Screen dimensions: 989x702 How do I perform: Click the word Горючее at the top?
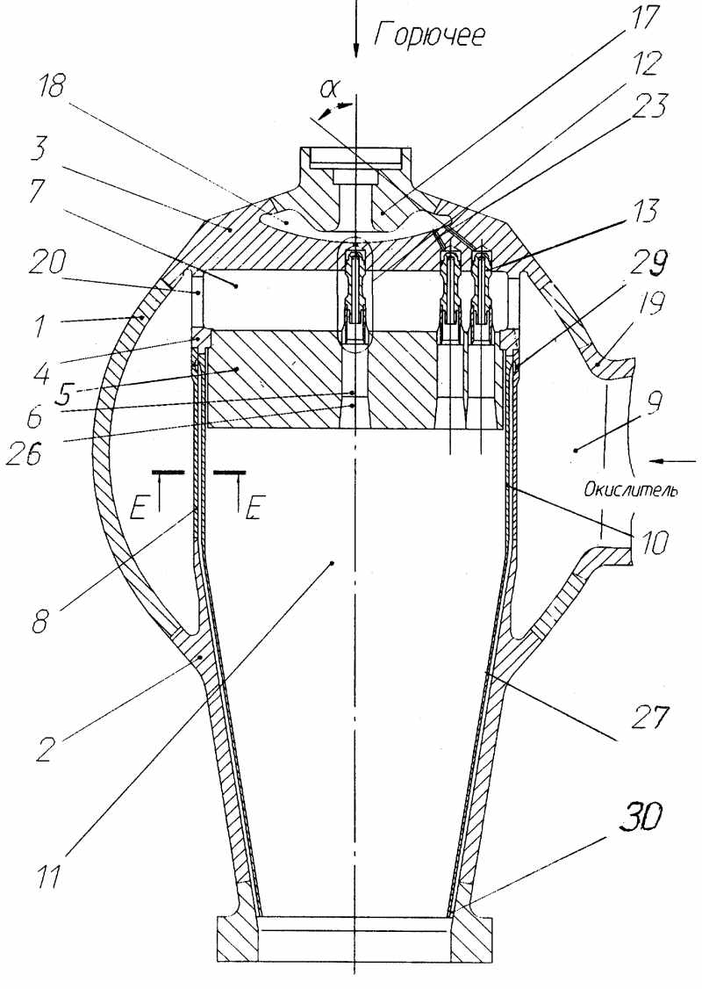[x=429, y=35]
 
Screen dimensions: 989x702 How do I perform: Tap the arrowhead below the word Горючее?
[x=356, y=53]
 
